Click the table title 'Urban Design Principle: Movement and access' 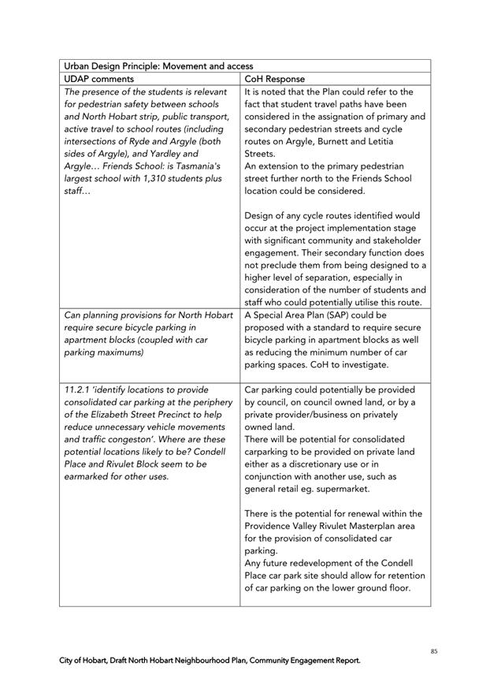click(x=158, y=66)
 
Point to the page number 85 click(x=434, y=651)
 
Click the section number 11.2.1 click(x=80, y=389)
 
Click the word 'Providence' click(x=274, y=526)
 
